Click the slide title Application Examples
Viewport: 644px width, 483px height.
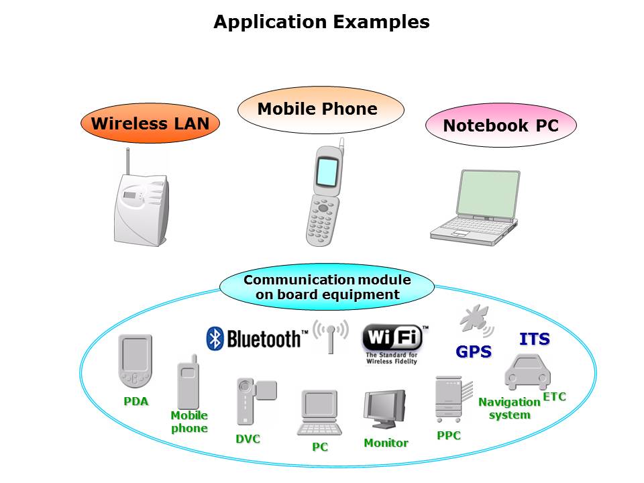(x=321, y=22)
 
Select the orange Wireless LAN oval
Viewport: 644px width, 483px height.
(x=150, y=123)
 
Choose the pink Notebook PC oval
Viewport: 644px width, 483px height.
(x=500, y=125)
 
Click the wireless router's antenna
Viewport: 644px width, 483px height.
(x=126, y=161)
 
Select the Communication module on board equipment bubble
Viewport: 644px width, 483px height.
(x=327, y=287)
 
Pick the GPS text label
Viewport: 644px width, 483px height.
(x=474, y=352)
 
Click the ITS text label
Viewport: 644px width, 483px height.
(x=534, y=339)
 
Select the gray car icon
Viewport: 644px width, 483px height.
(x=527, y=371)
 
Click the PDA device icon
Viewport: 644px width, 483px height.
(x=136, y=361)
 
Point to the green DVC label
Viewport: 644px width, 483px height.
(x=248, y=439)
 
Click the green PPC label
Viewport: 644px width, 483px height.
(x=449, y=435)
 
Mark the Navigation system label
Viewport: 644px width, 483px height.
(x=509, y=408)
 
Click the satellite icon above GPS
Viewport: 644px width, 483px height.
(x=476, y=321)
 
